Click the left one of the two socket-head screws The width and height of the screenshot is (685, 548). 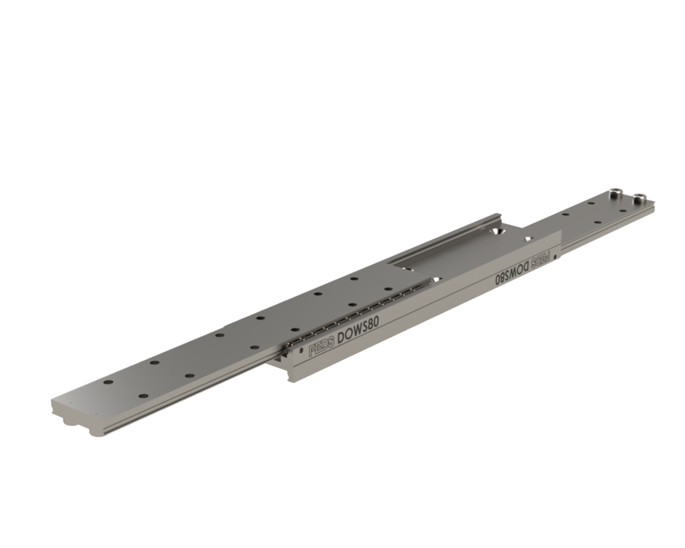click(x=614, y=202)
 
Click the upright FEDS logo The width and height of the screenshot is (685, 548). click(x=322, y=349)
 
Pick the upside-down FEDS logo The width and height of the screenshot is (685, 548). click(x=542, y=258)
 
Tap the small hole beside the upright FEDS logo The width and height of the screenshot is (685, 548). click(x=301, y=351)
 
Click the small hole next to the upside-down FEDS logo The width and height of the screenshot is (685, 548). click(x=556, y=257)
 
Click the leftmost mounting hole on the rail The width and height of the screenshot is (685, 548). click(x=108, y=382)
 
